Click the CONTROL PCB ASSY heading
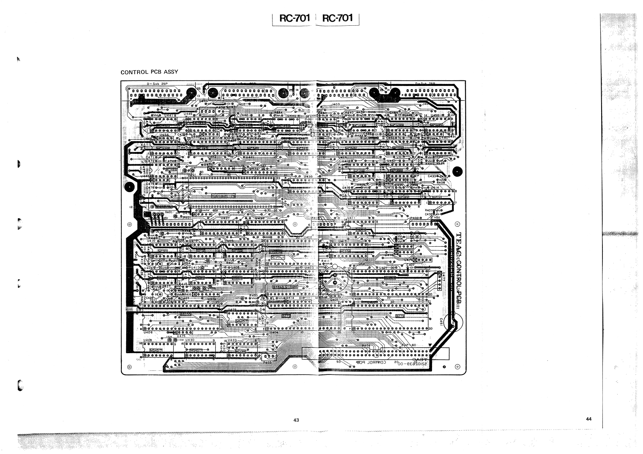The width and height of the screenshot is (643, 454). [149, 72]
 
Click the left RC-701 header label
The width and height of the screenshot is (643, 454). [292, 18]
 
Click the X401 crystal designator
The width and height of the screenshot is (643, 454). [168, 211]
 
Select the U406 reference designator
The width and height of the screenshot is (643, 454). [148, 332]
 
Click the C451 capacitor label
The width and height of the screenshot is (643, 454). [441, 321]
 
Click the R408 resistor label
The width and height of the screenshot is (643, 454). [441, 182]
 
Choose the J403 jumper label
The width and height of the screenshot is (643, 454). [336, 104]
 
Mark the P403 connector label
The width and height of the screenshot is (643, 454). [268, 362]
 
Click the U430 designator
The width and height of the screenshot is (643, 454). [190, 340]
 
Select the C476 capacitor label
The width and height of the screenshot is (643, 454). [150, 188]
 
